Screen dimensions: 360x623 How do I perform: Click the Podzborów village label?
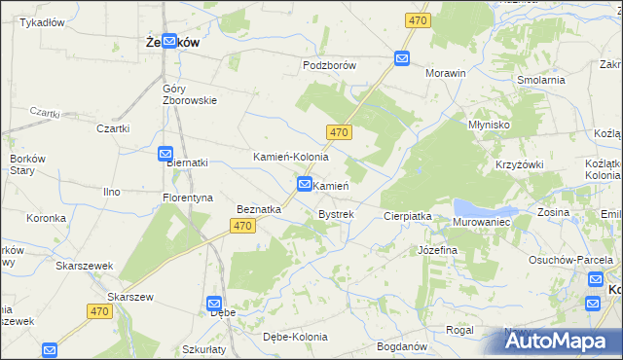330,65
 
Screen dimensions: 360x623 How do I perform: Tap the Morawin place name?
446,73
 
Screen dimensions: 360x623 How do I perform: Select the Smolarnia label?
542,80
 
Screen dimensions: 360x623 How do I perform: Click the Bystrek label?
336,213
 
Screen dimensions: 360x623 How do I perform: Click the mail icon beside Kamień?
305,184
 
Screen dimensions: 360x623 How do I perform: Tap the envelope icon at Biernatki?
165,154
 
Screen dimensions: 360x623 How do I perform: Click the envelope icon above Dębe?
215,304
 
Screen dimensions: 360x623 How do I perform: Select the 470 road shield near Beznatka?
243,226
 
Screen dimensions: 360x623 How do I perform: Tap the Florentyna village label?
188,198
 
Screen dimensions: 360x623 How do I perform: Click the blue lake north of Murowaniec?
481,207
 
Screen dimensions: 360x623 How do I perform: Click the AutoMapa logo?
558,341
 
